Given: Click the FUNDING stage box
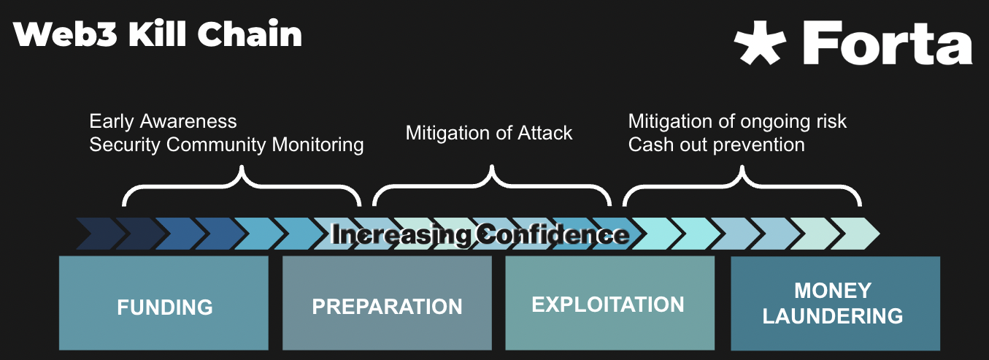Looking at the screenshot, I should click(163, 303).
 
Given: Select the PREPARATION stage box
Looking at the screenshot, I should click(387, 303).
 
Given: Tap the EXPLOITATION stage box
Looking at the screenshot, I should click(609, 303).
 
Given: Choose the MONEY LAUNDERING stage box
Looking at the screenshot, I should click(835, 303).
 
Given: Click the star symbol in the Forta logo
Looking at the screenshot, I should click(760, 42).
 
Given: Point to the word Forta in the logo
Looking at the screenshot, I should click(888, 42).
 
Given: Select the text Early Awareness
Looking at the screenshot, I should click(163, 120).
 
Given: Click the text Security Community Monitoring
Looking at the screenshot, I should click(226, 145).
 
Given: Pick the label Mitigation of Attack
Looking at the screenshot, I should click(489, 132).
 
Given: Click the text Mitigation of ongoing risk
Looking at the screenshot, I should click(737, 120).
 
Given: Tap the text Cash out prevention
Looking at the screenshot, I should click(716, 145).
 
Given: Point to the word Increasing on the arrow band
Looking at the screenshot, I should click(401, 234).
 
